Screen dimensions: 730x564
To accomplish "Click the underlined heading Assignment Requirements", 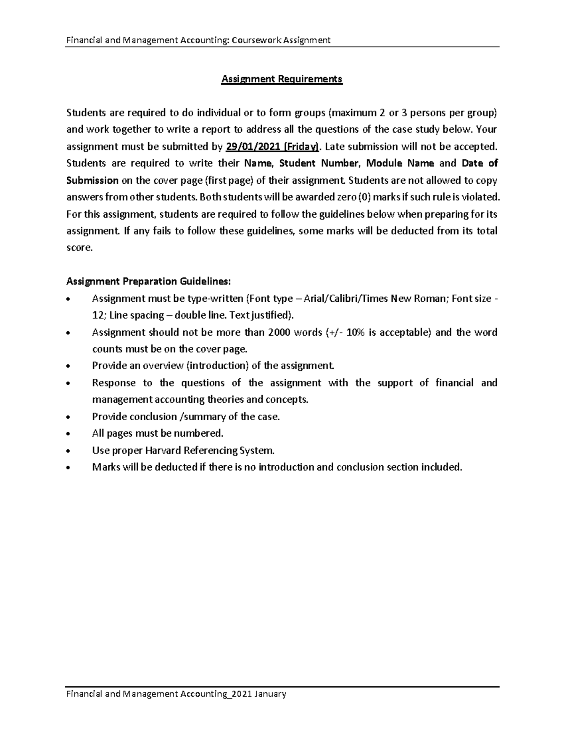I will tap(282, 79).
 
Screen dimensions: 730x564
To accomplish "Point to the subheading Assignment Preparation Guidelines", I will tap(149, 282).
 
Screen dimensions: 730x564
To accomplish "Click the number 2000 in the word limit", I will tap(279, 332).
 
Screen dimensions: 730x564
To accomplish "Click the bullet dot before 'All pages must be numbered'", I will tap(70, 434).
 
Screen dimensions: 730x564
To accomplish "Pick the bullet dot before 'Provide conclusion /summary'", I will tap(70, 417).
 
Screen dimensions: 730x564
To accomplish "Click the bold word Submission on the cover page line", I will tap(93, 181).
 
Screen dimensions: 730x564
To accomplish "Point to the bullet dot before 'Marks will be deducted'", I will tap(70, 468).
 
